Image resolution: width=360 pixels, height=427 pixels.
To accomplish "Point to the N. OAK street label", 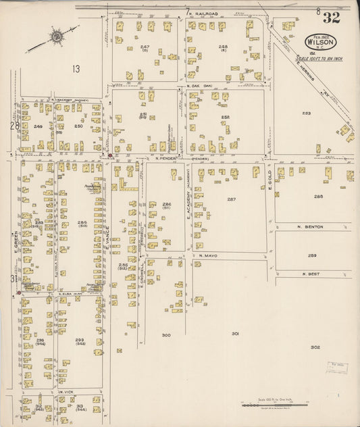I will click(x=200, y=86).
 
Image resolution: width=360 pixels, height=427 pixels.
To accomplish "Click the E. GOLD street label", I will click(x=269, y=180).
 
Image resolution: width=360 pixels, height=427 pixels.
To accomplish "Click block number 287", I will click(x=232, y=199).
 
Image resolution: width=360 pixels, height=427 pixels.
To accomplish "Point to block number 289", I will click(x=312, y=255).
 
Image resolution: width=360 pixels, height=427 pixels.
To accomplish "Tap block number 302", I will click(x=315, y=347).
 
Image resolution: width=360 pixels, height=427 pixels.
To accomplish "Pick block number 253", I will click(x=306, y=113).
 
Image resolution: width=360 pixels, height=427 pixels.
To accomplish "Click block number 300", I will click(x=166, y=335).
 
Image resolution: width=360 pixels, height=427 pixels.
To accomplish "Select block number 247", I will click(x=145, y=47).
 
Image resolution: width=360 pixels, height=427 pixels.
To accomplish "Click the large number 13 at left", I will click(x=76, y=68).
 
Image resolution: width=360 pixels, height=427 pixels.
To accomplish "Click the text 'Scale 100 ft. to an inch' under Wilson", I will click(x=319, y=59).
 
